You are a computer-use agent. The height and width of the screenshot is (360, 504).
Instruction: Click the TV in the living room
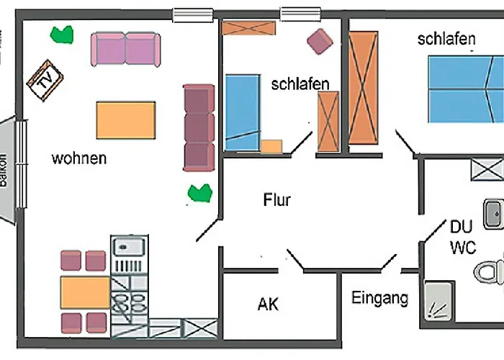tap(45, 80)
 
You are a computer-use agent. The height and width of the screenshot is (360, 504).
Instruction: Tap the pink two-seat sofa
tap(125, 49)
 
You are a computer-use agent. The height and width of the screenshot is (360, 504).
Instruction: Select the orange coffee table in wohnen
tap(126, 120)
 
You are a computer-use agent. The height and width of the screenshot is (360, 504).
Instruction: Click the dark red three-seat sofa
tap(199, 127)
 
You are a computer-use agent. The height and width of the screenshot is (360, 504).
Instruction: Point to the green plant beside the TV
tap(62, 34)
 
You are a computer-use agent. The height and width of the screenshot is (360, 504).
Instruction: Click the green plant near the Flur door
tap(199, 192)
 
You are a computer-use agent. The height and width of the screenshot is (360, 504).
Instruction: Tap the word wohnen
tap(79, 158)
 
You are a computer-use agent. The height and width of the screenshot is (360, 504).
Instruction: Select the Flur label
tap(276, 199)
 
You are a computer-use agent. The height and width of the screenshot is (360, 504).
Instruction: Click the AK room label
tap(268, 304)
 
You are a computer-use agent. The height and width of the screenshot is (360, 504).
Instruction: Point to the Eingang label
tap(379, 297)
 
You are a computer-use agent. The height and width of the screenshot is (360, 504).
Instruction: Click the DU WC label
tap(462, 237)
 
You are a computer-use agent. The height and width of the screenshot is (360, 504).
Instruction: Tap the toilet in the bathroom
tap(490, 272)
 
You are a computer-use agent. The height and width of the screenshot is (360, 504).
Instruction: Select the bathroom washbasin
tap(493, 213)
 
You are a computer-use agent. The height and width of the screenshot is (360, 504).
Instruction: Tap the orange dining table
tap(85, 292)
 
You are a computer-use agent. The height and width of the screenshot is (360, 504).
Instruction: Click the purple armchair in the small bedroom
tap(320, 41)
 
